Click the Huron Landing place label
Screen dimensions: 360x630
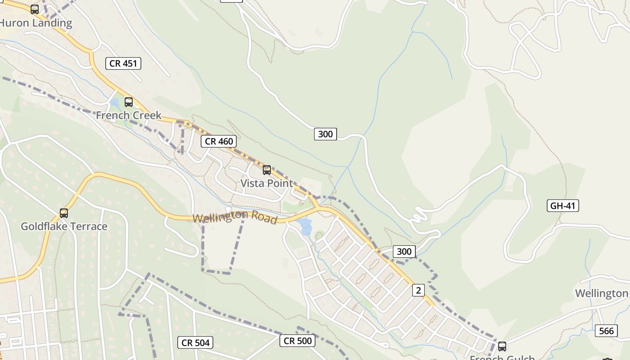(x=36, y=23)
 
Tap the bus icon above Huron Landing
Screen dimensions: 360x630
(x=35, y=9)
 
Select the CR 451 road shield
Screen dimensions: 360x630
(x=123, y=63)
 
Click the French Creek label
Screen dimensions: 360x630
(x=128, y=115)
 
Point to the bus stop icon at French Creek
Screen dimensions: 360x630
(x=129, y=102)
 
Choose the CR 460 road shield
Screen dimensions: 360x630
(x=219, y=141)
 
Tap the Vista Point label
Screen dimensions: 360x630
(x=266, y=183)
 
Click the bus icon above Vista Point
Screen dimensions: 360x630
(x=267, y=170)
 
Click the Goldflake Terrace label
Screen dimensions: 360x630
(x=64, y=226)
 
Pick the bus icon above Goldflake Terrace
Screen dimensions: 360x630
(x=64, y=213)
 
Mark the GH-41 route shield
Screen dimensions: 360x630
(x=562, y=206)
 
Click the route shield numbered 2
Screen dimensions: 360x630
(x=418, y=290)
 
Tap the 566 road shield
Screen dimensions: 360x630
(x=606, y=331)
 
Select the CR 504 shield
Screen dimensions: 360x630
(x=196, y=343)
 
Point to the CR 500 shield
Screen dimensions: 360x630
(x=297, y=341)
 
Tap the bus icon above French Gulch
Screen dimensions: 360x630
(x=502, y=346)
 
